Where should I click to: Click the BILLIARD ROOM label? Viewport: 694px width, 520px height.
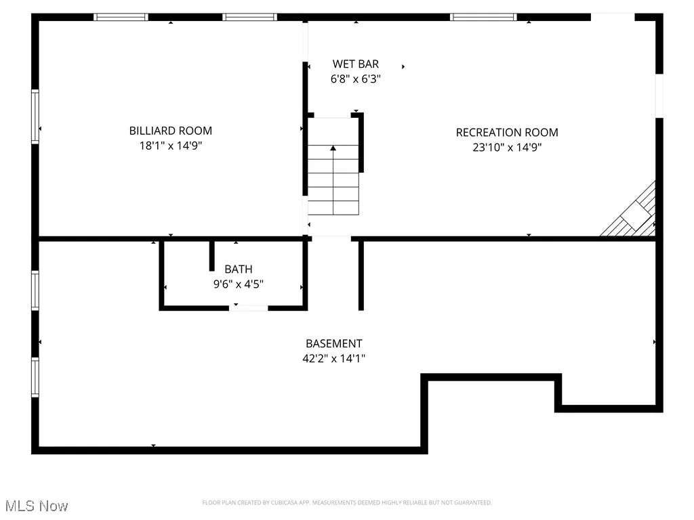pyautogui.click(x=170, y=131)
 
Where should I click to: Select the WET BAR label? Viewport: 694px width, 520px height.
pyautogui.click(x=355, y=64)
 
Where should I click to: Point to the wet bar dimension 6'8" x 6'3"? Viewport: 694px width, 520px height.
pyautogui.click(x=355, y=79)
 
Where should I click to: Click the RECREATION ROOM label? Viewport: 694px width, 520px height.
pyautogui.click(x=507, y=133)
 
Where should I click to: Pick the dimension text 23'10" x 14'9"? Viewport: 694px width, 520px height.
pyautogui.click(x=507, y=147)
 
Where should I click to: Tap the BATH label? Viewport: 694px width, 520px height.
pyautogui.click(x=239, y=269)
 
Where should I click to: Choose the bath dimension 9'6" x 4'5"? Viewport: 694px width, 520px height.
pyautogui.click(x=239, y=284)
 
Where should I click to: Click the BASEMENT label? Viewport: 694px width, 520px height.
pyautogui.click(x=333, y=344)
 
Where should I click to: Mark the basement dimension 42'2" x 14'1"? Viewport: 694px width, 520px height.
pyautogui.click(x=333, y=359)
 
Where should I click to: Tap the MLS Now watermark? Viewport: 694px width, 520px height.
pyautogui.click(x=37, y=506)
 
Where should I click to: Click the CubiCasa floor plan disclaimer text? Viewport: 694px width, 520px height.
pyautogui.click(x=346, y=502)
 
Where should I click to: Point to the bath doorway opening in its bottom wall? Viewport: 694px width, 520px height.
pyautogui.click(x=248, y=308)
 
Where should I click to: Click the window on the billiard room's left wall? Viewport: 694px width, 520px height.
pyautogui.click(x=35, y=117)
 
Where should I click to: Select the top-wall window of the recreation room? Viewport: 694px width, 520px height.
pyautogui.click(x=483, y=17)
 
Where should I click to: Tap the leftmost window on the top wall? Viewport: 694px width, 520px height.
pyautogui.click(x=121, y=17)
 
